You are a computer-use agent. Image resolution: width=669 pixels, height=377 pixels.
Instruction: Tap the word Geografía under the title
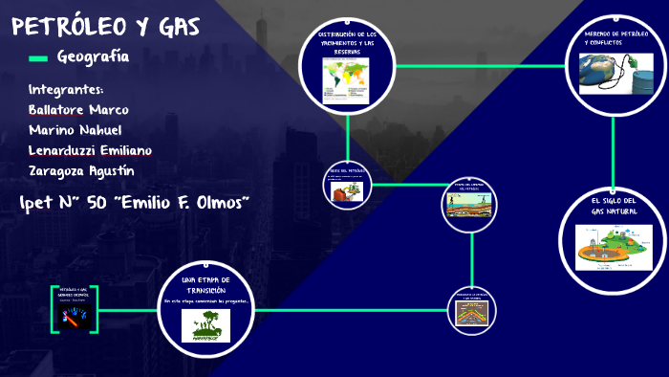tap(93, 57)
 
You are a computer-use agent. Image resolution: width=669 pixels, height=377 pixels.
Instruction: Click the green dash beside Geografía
tap(37, 58)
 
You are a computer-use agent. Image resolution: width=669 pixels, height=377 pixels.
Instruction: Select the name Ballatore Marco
tap(77, 109)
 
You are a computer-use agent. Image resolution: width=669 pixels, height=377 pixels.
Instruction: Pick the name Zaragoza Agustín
tap(81, 171)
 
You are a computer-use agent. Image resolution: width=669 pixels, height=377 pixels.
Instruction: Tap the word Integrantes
tap(66, 89)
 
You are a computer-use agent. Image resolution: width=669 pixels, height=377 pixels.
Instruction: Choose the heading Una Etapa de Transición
tap(206, 284)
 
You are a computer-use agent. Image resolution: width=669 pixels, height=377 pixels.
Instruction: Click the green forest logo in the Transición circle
tap(205, 325)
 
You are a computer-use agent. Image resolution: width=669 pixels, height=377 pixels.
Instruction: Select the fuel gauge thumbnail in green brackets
tap(74, 318)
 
